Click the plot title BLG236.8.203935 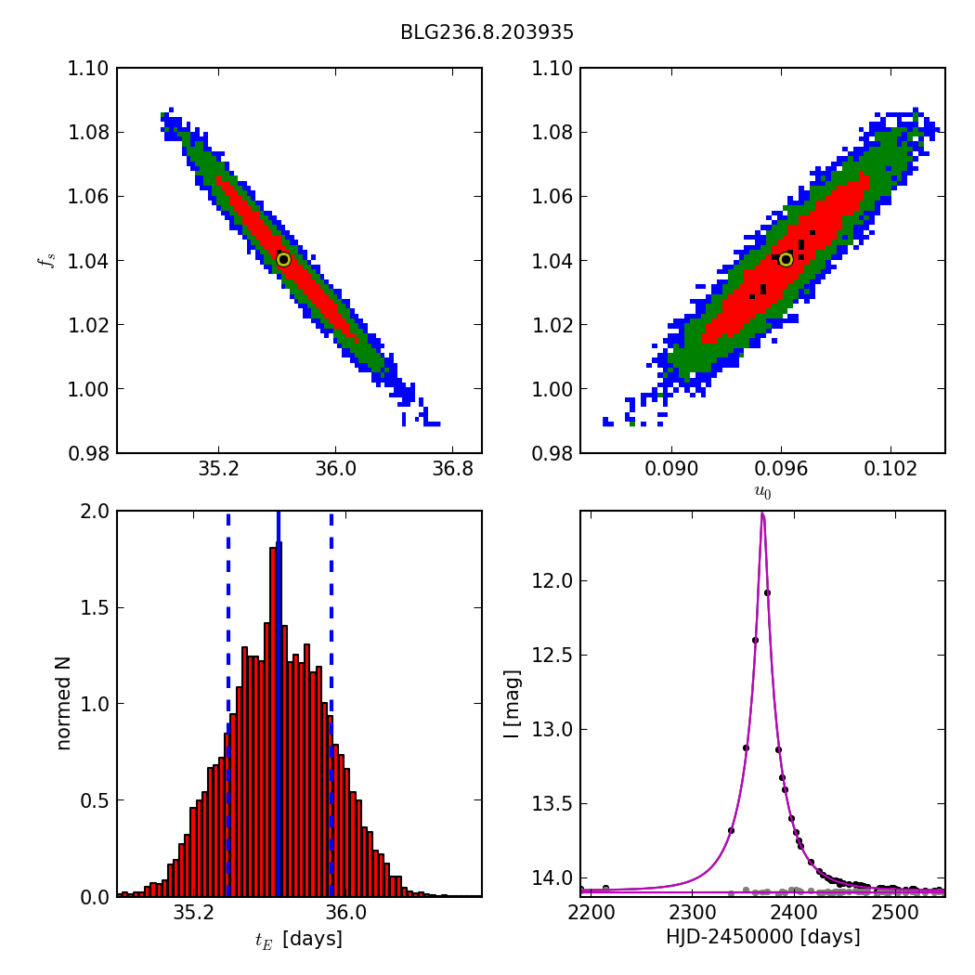point(487,32)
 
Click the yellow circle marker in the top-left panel point(283,260)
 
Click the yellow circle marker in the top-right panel point(786,259)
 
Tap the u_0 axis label point(762,493)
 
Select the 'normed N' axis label point(63,703)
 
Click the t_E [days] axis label point(298,940)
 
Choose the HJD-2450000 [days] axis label point(762,938)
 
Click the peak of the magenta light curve point(762,513)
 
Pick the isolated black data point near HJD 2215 point(605,889)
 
